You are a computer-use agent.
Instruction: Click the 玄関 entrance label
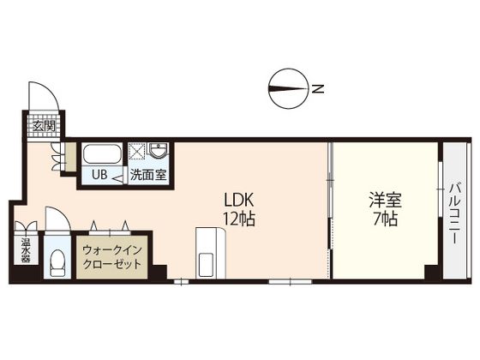45,126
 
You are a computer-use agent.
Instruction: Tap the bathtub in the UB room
102,154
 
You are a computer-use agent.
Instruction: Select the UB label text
99,175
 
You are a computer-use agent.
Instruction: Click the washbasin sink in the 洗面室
159,151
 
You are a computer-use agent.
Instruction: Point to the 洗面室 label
148,175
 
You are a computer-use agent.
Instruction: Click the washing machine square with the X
136,151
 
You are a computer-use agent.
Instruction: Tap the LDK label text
239,201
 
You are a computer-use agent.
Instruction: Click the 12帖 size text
239,219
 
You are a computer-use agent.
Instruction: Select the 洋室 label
385,201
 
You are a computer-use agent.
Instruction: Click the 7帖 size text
385,219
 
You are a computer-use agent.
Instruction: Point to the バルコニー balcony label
455,213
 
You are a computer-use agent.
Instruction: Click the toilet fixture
57,261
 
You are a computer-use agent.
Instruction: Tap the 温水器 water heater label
26,250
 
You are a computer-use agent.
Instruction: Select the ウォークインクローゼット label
112,257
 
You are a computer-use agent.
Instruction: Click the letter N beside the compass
317,89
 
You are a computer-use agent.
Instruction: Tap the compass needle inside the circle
288,89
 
